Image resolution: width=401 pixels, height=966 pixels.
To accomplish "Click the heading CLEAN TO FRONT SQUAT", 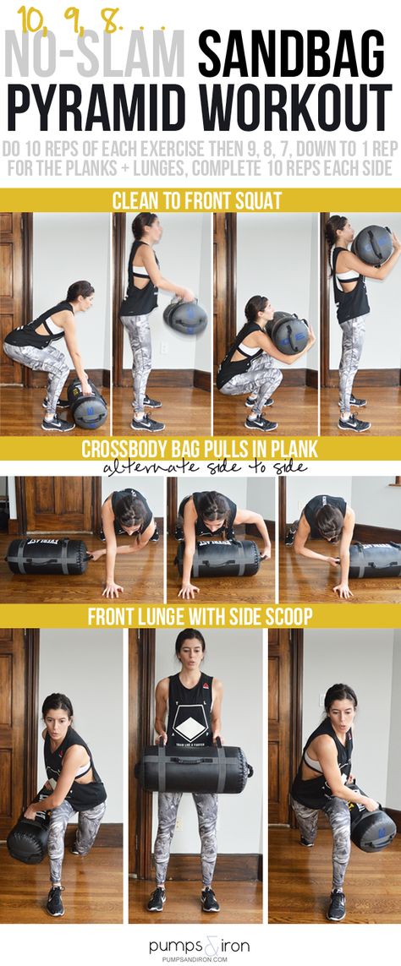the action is click(197, 201).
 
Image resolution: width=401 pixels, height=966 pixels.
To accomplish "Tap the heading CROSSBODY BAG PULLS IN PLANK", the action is click(200, 449).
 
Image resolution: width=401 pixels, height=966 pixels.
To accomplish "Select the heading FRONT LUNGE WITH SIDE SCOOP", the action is click(200, 617).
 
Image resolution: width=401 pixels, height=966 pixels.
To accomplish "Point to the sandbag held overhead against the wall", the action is click(372, 245).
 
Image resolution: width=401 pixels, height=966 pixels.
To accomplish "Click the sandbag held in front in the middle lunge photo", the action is click(194, 767).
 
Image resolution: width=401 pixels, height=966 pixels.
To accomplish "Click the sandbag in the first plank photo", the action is click(49, 556).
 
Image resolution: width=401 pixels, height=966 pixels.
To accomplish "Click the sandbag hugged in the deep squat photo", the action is click(288, 333).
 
